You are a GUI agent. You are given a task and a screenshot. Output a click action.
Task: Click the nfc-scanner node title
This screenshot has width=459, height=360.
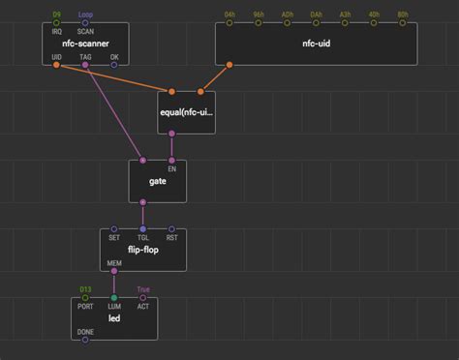click(85, 45)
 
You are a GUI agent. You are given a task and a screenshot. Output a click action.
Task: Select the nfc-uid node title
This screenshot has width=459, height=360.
click(316, 45)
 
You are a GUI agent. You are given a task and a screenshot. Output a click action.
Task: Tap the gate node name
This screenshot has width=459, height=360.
click(157, 182)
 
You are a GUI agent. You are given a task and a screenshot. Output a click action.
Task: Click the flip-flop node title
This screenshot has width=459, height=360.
click(142, 250)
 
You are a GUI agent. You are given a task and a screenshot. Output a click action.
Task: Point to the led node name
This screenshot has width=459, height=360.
click(113, 318)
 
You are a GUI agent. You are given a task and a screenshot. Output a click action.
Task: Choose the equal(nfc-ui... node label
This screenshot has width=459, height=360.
click(186, 112)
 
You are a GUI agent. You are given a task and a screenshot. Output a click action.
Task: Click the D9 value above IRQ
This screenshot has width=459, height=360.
click(57, 15)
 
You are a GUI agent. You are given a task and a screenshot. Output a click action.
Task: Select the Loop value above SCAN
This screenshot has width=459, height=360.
click(85, 15)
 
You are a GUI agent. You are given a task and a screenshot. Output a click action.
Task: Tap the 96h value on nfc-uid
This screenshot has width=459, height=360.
click(258, 15)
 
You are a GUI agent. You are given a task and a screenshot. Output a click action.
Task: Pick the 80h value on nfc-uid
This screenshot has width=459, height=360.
click(402, 15)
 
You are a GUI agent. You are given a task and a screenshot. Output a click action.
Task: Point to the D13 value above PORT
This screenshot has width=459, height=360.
click(85, 289)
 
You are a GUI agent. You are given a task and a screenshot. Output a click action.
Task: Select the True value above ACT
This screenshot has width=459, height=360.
click(142, 289)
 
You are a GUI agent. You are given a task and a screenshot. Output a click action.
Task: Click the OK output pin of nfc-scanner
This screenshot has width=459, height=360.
click(114, 66)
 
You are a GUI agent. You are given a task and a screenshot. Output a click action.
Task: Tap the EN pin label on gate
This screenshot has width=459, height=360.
click(171, 168)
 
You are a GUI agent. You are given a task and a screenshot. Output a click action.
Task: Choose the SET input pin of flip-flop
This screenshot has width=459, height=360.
click(114, 229)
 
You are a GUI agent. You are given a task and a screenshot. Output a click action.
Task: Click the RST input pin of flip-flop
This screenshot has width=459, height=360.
click(171, 229)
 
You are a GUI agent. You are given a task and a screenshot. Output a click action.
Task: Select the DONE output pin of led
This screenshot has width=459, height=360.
click(85, 340)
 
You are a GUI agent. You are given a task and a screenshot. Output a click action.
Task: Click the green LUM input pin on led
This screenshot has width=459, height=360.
click(114, 298)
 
